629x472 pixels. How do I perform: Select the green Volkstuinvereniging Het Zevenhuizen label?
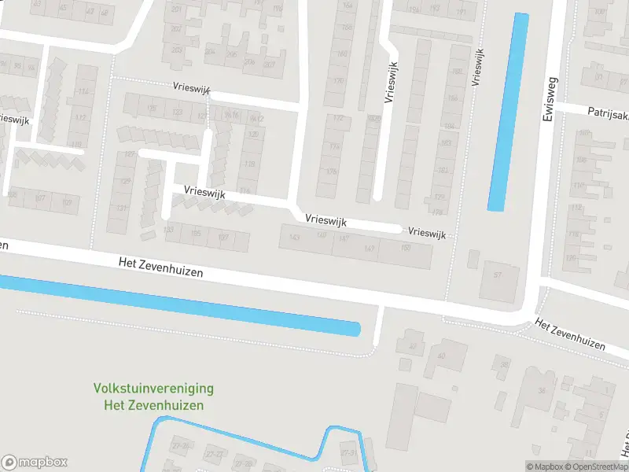(153, 397)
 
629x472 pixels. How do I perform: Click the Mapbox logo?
(35, 462)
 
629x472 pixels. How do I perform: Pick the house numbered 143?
(296, 237)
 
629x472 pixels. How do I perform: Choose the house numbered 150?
(406, 249)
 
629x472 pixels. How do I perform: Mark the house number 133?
(168, 230)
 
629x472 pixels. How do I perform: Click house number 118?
(250, 164)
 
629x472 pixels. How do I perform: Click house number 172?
(338, 119)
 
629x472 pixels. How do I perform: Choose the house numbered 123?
(178, 112)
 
